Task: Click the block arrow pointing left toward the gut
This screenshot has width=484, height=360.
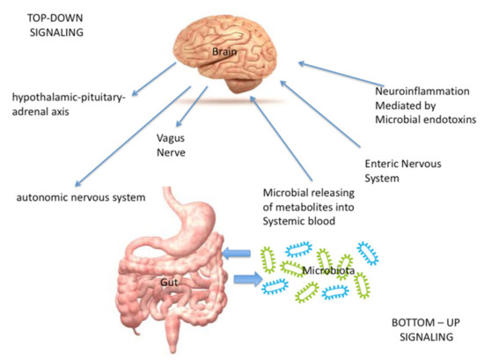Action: coord(237,255)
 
